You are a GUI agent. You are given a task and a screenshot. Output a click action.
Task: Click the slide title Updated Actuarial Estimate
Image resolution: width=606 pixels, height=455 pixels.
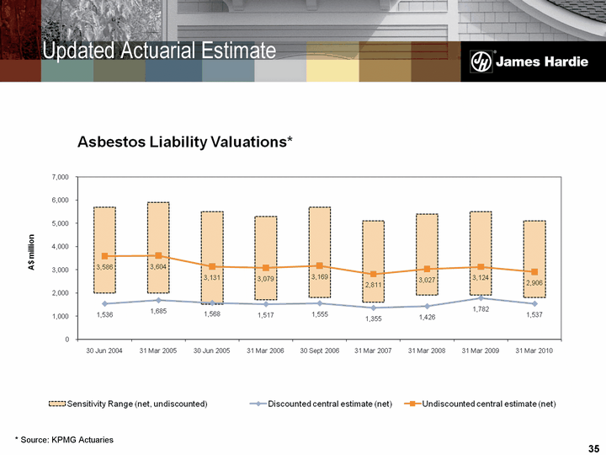click(x=160, y=51)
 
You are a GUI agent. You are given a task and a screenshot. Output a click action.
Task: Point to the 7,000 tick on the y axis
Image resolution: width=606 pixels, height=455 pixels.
click(x=59, y=178)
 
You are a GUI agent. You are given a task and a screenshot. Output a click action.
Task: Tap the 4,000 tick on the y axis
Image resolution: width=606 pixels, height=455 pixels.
click(x=59, y=247)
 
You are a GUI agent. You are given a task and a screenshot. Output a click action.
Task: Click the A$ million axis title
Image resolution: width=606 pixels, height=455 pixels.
click(x=32, y=258)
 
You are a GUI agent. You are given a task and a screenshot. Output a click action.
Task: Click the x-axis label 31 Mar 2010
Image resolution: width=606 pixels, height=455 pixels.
click(x=534, y=350)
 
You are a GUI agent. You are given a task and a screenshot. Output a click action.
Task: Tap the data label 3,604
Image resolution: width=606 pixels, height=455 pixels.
click(x=158, y=266)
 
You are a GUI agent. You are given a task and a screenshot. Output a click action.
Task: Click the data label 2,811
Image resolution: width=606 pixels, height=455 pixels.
click(x=373, y=286)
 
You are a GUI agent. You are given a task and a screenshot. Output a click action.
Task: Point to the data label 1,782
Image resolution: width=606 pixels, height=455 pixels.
click(x=480, y=309)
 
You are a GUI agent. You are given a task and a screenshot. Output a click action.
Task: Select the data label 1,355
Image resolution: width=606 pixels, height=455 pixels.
click(x=373, y=318)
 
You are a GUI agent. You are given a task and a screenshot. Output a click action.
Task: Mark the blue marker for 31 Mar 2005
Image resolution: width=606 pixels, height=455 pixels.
click(x=158, y=300)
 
